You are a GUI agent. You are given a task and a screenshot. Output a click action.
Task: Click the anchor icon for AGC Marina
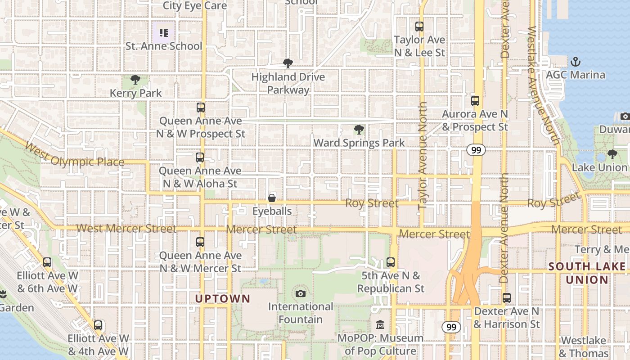[575, 61]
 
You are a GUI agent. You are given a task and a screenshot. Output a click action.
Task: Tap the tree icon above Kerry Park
[135, 80]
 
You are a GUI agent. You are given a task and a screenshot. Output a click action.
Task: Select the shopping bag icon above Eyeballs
[272, 198]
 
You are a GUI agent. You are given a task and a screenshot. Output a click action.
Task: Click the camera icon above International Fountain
[301, 294]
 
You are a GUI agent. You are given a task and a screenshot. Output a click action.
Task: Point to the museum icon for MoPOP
[380, 324]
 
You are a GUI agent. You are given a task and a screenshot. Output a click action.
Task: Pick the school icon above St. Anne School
[164, 32]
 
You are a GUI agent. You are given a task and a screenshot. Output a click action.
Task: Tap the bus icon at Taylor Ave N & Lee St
[419, 27]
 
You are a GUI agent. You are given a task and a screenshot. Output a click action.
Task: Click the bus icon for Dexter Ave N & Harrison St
[507, 298]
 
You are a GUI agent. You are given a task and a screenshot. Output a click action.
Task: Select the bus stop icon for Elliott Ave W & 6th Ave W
[47, 262]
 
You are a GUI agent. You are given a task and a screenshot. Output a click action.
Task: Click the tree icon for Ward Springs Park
[359, 130]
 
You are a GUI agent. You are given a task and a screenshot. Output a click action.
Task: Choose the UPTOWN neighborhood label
[222, 298]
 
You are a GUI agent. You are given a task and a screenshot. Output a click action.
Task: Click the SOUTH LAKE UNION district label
[587, 273]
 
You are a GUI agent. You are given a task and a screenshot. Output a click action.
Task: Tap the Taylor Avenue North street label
[423, 155]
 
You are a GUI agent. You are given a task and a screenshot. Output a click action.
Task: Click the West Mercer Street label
[126, 229]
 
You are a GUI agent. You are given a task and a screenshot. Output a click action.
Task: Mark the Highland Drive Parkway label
[288, 83]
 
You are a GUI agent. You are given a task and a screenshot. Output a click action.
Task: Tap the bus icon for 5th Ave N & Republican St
[391, 262]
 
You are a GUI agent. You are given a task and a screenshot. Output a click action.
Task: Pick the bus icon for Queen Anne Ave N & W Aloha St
[200, 157]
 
